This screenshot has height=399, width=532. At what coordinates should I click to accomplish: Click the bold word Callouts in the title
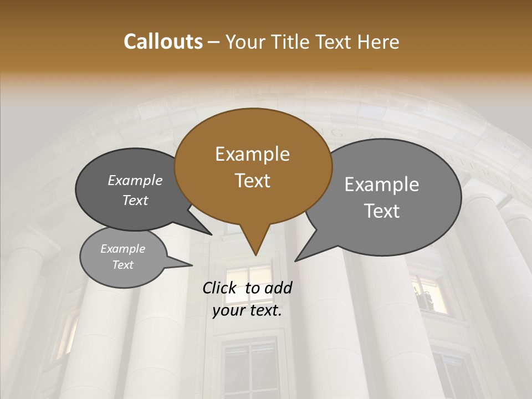[163, 42]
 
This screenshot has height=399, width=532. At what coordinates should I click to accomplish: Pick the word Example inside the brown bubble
[252, 154]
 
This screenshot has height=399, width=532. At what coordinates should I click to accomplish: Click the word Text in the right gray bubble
[382, 211]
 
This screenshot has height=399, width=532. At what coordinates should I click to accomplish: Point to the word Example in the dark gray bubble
[135, 180]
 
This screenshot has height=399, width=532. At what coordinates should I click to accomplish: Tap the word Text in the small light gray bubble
[123, 265]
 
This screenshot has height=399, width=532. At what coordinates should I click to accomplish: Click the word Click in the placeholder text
[221, 288]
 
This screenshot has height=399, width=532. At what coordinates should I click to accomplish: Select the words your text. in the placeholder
[247, 310]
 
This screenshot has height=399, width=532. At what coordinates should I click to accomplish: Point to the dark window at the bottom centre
[249, 369]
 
